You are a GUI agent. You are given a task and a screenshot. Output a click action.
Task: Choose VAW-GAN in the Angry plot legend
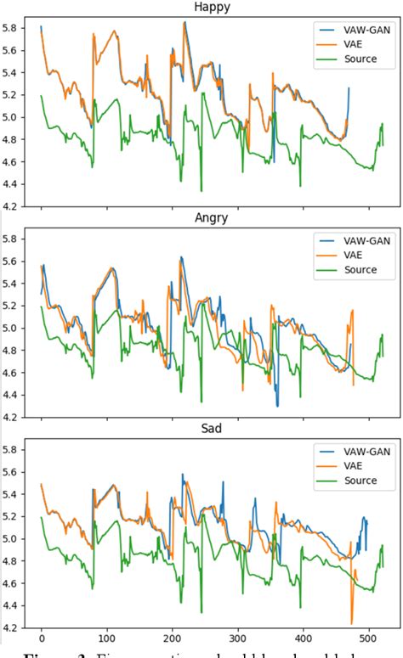(356, 239)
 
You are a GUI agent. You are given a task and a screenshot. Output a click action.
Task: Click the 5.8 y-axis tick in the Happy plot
(13, 29)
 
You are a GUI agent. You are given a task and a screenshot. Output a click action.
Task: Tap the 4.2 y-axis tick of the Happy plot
(13, 206)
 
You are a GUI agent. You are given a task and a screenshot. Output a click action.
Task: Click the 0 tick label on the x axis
(41, 642)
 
